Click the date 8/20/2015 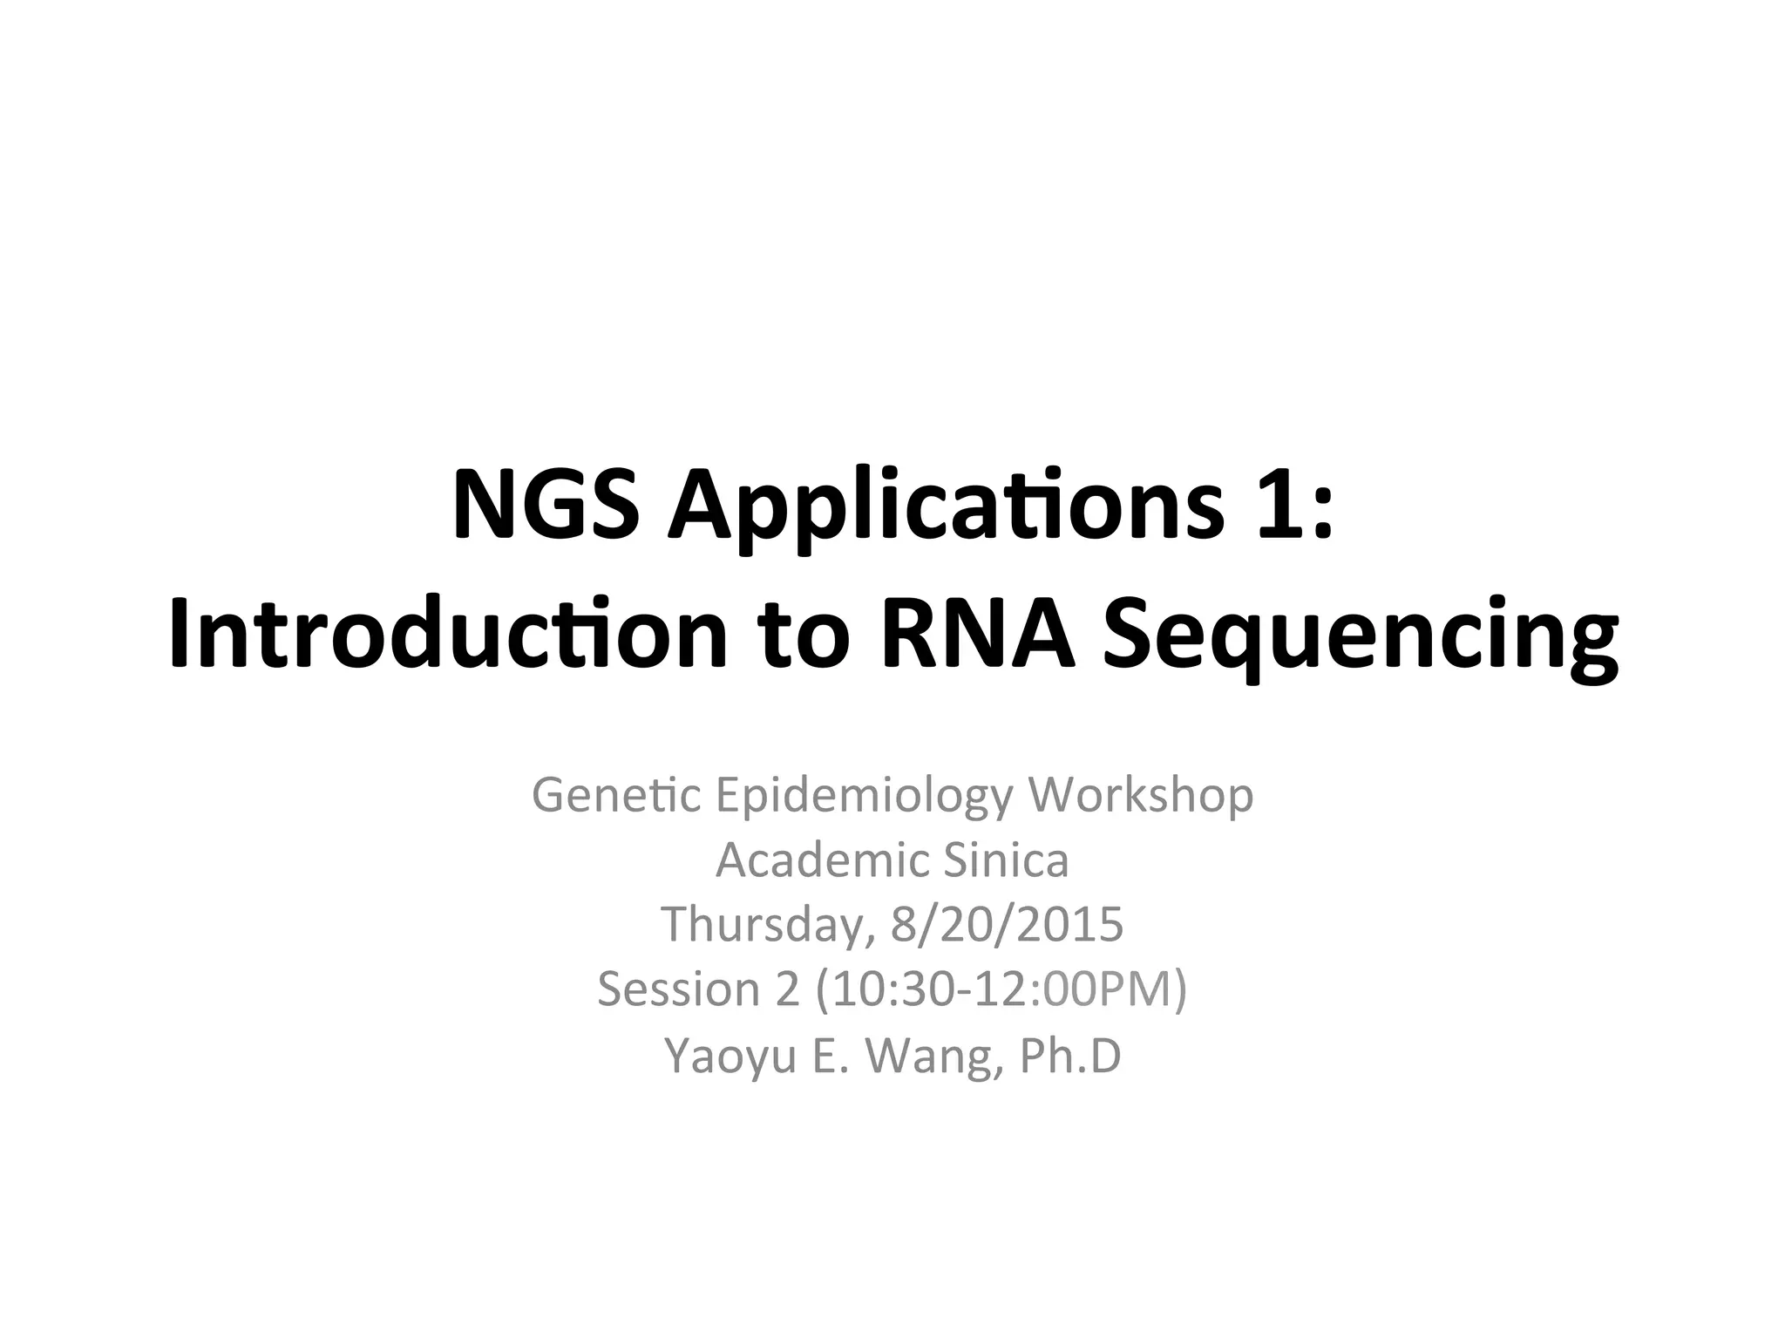(1007, 926)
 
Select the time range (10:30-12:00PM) (997, 990)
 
